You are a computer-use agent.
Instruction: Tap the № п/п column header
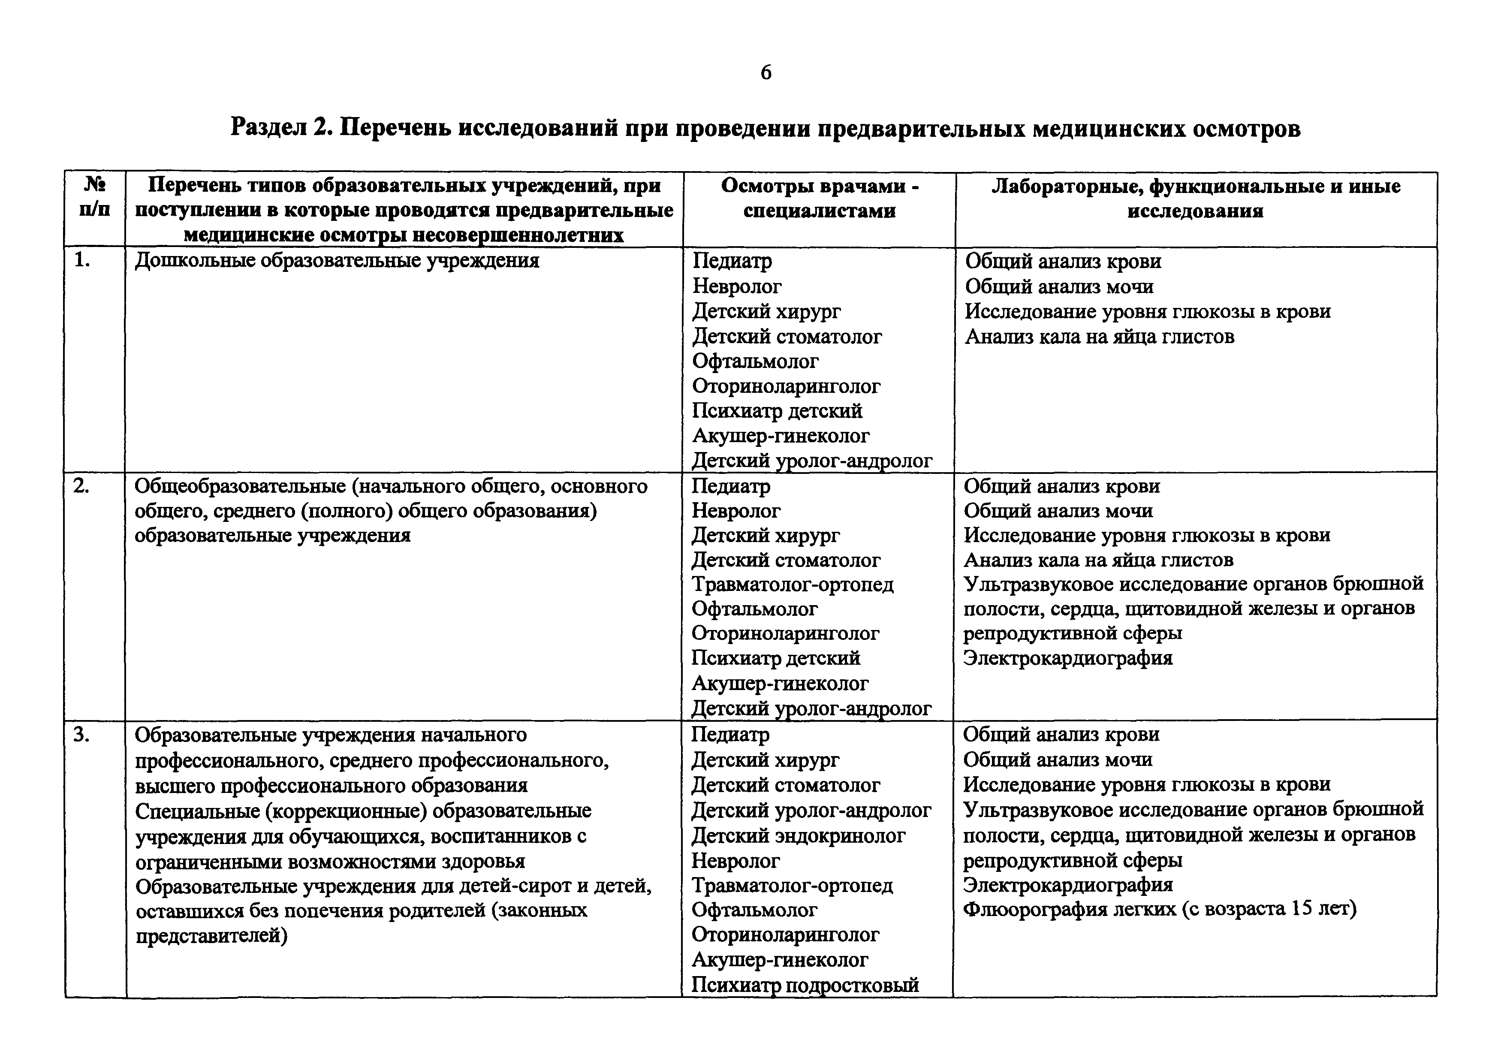pos(95,199)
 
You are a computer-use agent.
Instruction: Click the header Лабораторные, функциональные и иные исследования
pos(1196,199)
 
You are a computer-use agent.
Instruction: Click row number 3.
pos(81,735)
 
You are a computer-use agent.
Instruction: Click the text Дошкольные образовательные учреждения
pos(337,261)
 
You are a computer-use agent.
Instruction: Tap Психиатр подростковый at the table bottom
pos(805,985)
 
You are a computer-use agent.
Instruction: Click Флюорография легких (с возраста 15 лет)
pos(1160,909)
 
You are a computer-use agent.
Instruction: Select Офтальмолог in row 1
pos(755,361)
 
